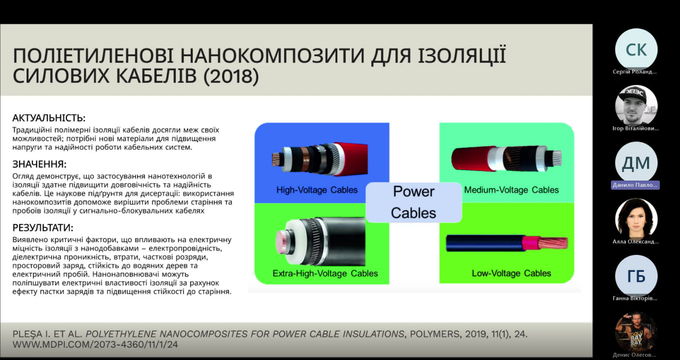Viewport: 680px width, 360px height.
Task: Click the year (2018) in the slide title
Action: coord(231,76)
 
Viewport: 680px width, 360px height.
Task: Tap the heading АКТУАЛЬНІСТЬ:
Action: coord(49,118)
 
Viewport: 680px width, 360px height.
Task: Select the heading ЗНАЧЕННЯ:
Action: coord(39,164)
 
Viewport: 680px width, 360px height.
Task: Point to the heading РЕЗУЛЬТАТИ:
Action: coord(43,228)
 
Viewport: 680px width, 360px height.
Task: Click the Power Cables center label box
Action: coord(414,202)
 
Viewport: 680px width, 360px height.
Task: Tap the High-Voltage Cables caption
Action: coord(317,190)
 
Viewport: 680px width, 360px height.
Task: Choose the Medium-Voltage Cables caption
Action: coord(511,190)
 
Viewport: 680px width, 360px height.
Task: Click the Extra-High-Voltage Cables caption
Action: coord(325,273)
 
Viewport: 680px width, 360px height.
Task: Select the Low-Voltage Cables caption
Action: coord(511,273)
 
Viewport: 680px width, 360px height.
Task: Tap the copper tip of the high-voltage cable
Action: coord(276,159)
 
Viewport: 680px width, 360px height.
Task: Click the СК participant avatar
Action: coord(636,49)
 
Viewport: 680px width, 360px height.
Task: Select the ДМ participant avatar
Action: coord(636,162)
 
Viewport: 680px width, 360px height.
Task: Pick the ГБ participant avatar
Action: coord(636,276)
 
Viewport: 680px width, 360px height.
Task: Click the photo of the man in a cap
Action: coord(636,106)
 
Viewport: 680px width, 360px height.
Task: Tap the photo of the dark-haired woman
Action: coord(636,219)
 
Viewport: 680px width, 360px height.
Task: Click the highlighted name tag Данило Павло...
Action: coord(635,185)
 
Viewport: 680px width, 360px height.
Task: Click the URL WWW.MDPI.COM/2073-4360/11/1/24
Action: coord(95,345)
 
